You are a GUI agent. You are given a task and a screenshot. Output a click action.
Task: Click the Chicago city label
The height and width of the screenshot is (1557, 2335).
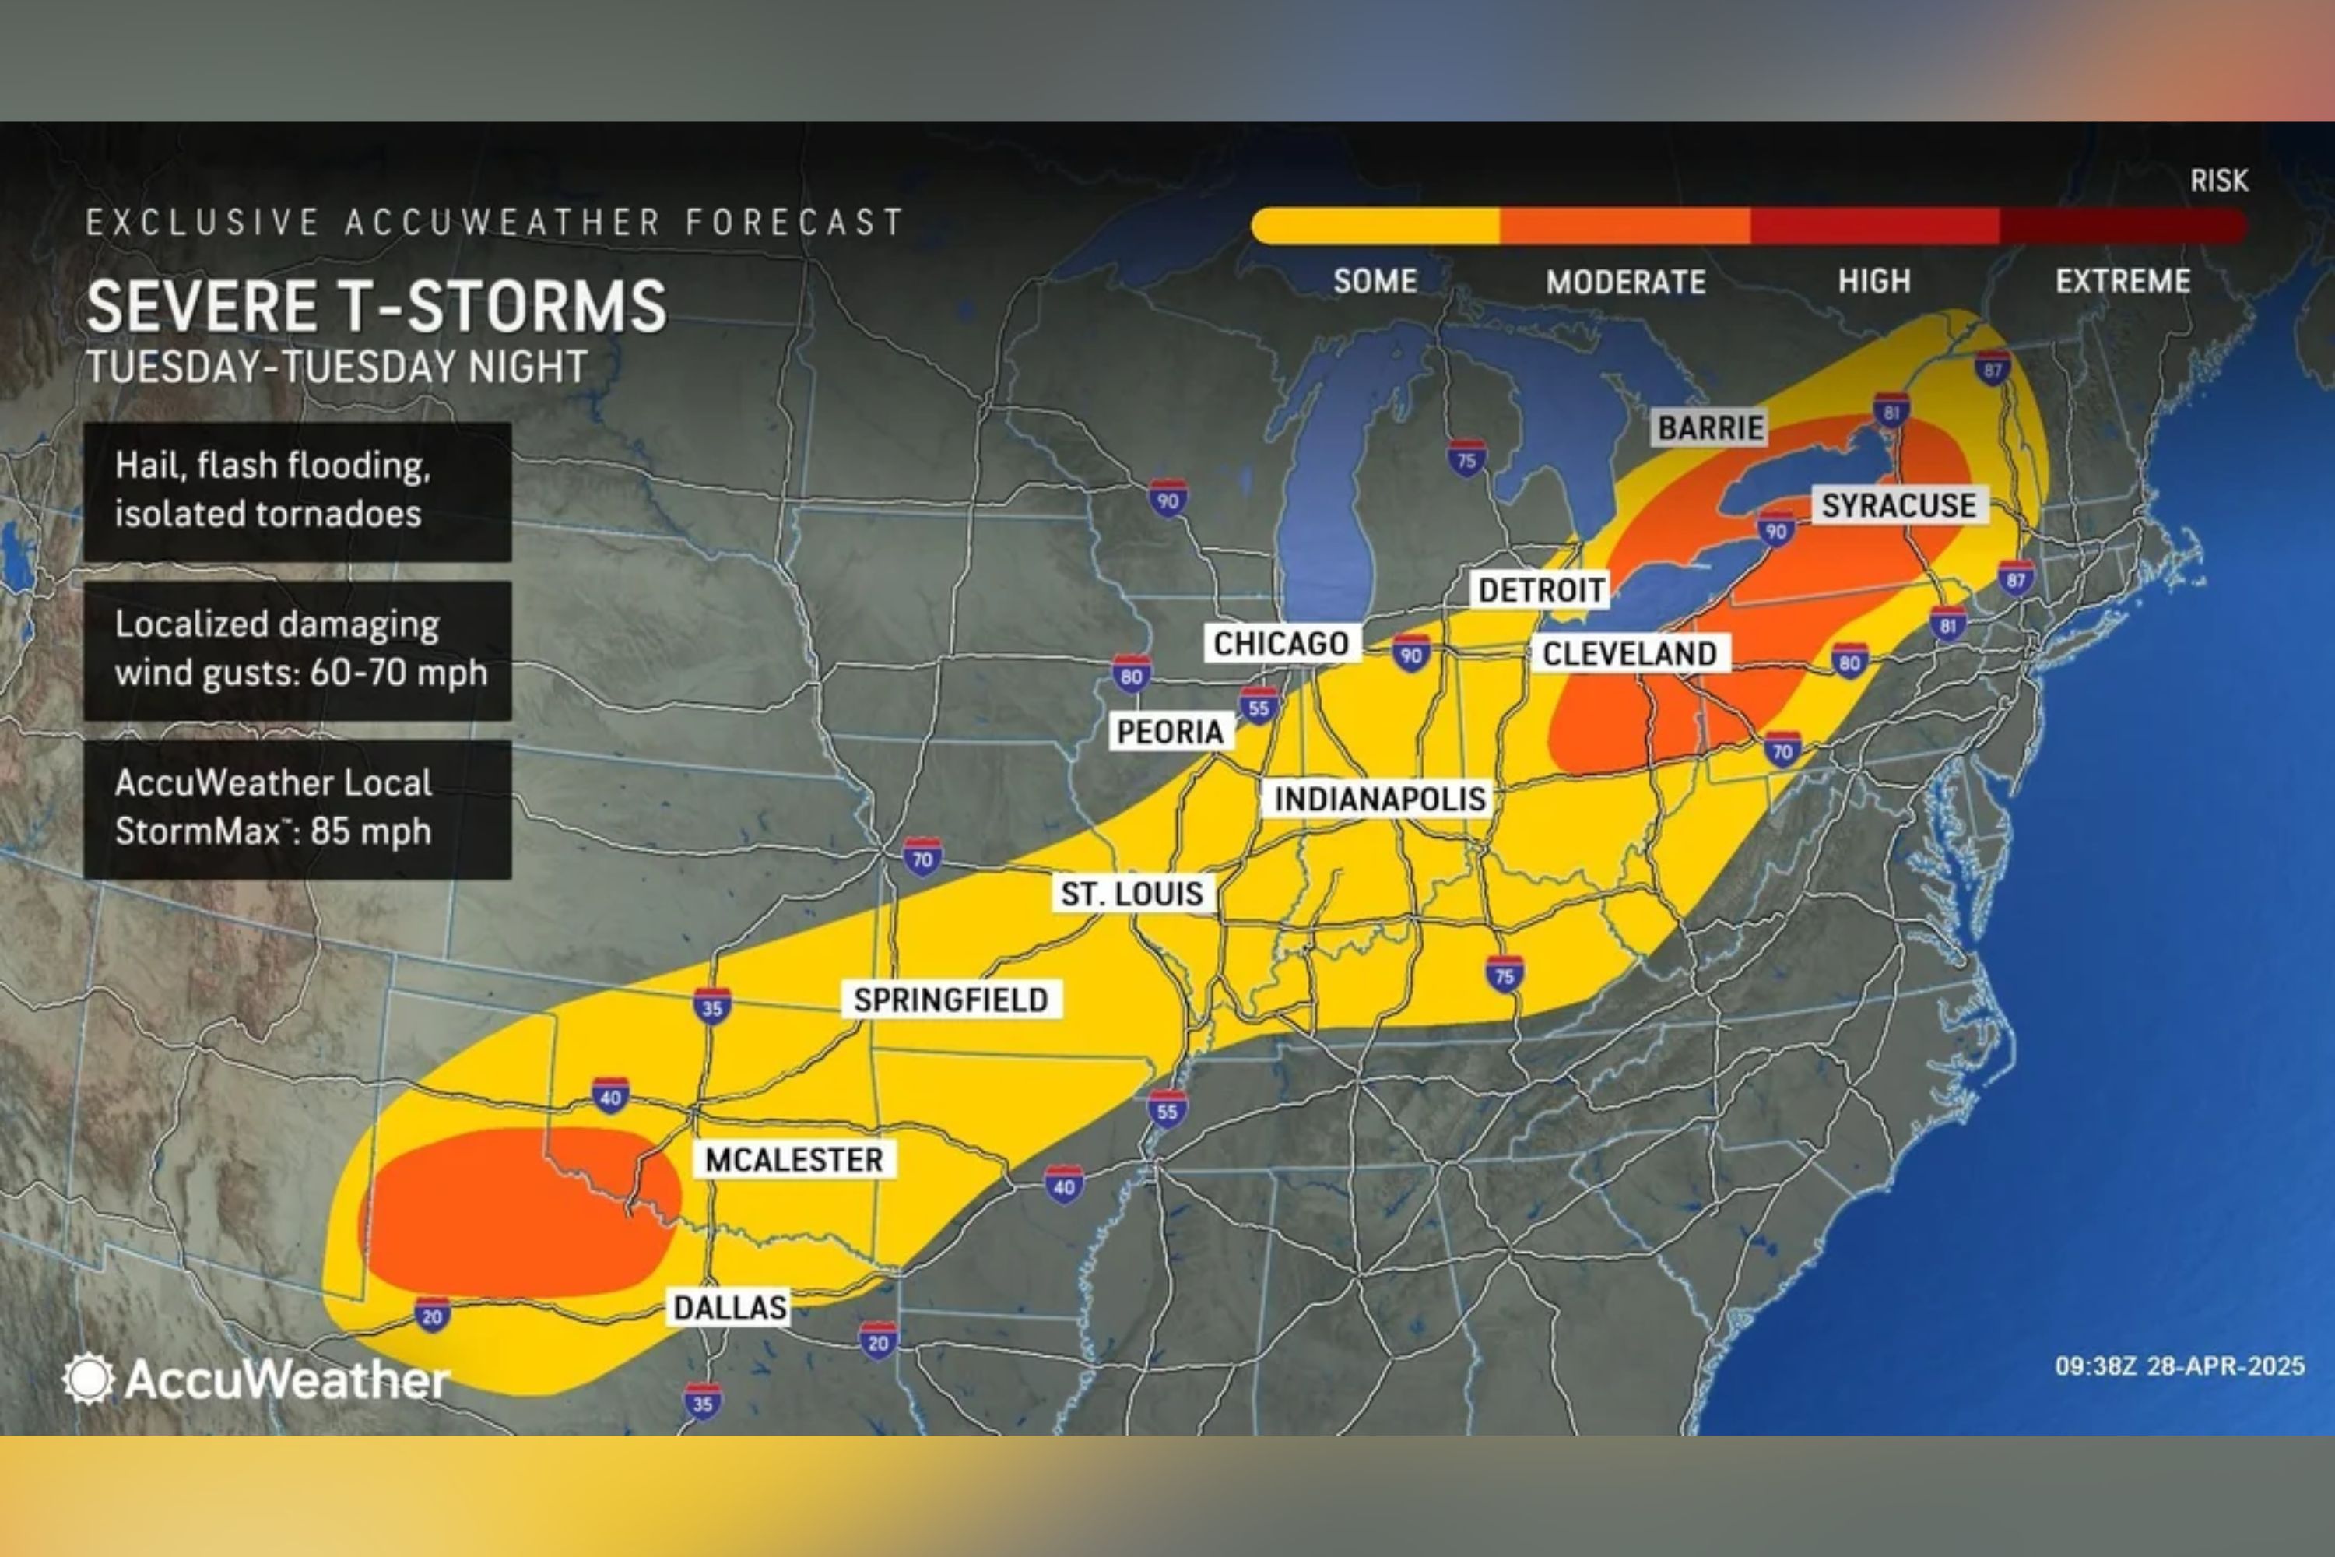point(1280,644)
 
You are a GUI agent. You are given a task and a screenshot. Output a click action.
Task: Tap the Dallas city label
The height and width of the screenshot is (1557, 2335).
point(730,1307)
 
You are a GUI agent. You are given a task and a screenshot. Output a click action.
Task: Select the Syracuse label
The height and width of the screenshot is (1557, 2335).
point(1898,505)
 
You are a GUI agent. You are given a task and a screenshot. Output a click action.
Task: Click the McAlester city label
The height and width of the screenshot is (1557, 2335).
point(793,1160)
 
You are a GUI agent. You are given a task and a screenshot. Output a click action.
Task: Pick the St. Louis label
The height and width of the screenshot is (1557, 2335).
point(1132,894)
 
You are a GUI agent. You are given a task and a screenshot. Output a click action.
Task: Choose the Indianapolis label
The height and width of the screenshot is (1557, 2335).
point(1379,799)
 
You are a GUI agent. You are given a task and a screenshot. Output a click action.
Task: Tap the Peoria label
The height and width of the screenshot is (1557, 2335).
point(1170,732)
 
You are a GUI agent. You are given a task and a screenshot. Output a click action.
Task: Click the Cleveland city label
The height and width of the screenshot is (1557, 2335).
point(1629,653)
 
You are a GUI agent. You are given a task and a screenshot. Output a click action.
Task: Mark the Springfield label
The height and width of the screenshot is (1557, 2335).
point(950,1000)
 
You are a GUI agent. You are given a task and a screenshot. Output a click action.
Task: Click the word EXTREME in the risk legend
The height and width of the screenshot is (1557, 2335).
point(2123,282)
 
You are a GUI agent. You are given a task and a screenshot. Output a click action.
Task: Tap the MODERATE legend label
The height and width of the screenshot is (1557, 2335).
point(1625,282)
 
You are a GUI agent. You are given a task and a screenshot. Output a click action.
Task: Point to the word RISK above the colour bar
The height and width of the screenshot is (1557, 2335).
point(2217,180)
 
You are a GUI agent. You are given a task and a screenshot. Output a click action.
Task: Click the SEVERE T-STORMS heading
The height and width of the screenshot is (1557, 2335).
point(376,306)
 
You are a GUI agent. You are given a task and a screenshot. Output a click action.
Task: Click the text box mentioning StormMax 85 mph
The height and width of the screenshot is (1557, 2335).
point(297,808)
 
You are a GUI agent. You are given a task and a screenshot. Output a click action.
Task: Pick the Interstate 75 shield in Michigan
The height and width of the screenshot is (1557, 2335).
point(1466,459)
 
